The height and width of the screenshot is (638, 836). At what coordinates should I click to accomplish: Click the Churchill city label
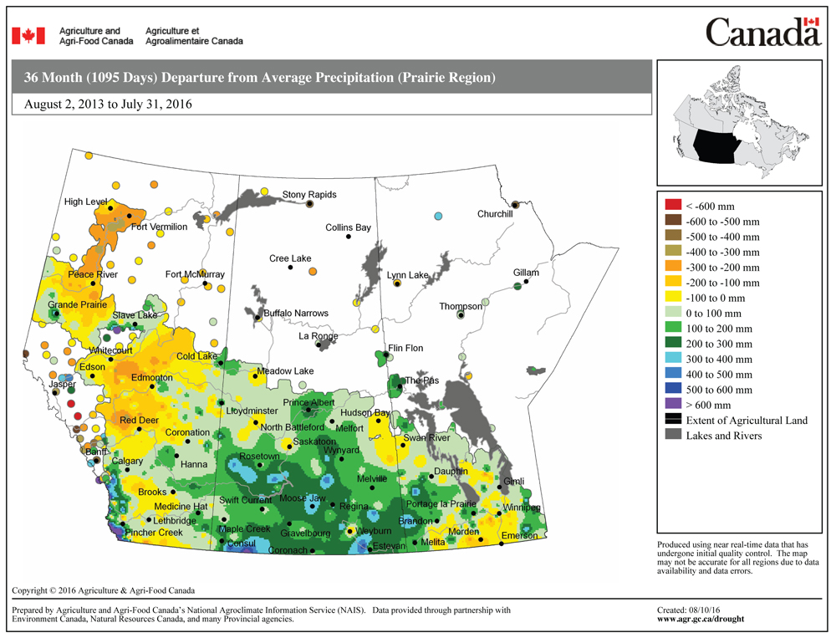click(x=494, y=214)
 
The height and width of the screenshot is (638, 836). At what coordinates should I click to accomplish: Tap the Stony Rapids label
click(x=309, y=195)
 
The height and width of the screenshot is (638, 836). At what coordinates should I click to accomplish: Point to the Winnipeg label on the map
click(x=522, y=508)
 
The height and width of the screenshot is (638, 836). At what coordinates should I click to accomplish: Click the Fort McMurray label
click(x=195, y=274)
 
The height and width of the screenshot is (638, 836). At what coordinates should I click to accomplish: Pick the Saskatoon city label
click(x=315, y=441)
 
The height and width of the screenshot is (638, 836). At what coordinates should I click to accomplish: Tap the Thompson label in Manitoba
click(x=461, y=307)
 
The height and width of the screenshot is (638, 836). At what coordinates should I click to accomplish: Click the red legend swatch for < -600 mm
click(x=673, y=206)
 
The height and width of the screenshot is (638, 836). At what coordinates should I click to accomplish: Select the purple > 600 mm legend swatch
click(x=673, y=405)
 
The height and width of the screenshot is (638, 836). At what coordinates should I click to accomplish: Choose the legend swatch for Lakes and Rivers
click(x=673, y=435)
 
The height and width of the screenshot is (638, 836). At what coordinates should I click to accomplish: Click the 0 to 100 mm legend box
click(x=673, y=313)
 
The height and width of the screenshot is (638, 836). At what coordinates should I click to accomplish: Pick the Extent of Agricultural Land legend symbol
click(x=673, y=420)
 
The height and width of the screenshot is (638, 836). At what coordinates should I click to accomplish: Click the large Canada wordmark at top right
click(x=762, y=33)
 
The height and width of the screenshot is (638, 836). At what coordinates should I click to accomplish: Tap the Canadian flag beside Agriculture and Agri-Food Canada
click(x=28, y=36)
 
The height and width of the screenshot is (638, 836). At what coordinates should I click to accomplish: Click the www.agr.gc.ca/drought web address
click(x=701, y=620)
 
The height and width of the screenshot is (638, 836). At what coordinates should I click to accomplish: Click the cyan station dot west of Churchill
click(x=438, y=217)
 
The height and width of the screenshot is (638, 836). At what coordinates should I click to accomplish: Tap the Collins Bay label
click(x=348, y=227)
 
